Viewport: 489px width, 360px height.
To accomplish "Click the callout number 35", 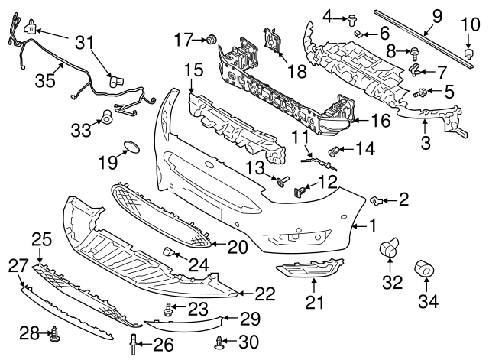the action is [x=45, y=80].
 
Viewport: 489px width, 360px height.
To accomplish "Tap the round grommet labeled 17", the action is [x=212, y=39].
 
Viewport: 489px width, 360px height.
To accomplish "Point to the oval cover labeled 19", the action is [x=131, y=148].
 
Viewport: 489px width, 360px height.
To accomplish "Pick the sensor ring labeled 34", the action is [x=425, y=268].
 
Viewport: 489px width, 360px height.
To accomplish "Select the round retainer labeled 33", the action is [x=107, y=116].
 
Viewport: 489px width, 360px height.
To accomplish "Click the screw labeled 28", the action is [x=56, y=333].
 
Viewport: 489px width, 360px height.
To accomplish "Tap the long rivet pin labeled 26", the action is [x=133, y=345].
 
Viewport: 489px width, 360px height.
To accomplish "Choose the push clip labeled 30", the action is [x=219, y=342].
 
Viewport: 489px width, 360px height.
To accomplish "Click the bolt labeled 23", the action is [x=167, y=309].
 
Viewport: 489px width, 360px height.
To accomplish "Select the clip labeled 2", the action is [x=376, y=200].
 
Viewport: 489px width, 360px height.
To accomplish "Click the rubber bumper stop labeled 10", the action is [x=468, y=54].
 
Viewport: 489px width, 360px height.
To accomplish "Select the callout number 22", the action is [x=265, y=294].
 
